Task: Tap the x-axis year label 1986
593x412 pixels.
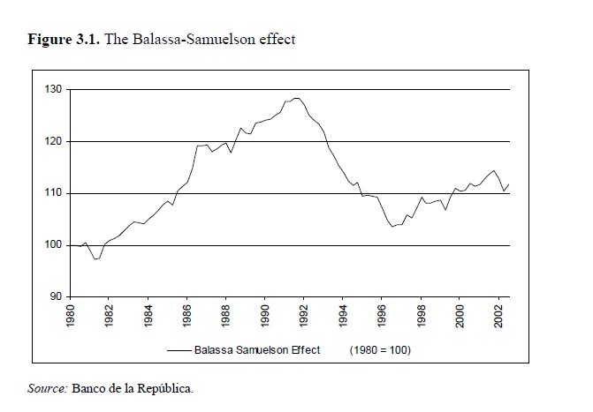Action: (x=187, y=317)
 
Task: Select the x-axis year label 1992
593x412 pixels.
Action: (x=304, y=317)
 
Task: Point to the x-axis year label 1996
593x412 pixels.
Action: (x=382, y=317)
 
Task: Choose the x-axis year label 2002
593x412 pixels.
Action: (x=498, y=317)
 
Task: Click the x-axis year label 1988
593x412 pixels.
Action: (x=226, y=317)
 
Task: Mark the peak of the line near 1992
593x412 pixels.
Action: (x=296, y=98)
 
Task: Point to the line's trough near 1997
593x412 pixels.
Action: (x=392, y=227)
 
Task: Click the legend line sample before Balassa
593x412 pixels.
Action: (x=179, y=350)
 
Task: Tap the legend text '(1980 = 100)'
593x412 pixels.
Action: (x=381, y=350)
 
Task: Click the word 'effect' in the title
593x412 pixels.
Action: (x=277, y=40)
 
